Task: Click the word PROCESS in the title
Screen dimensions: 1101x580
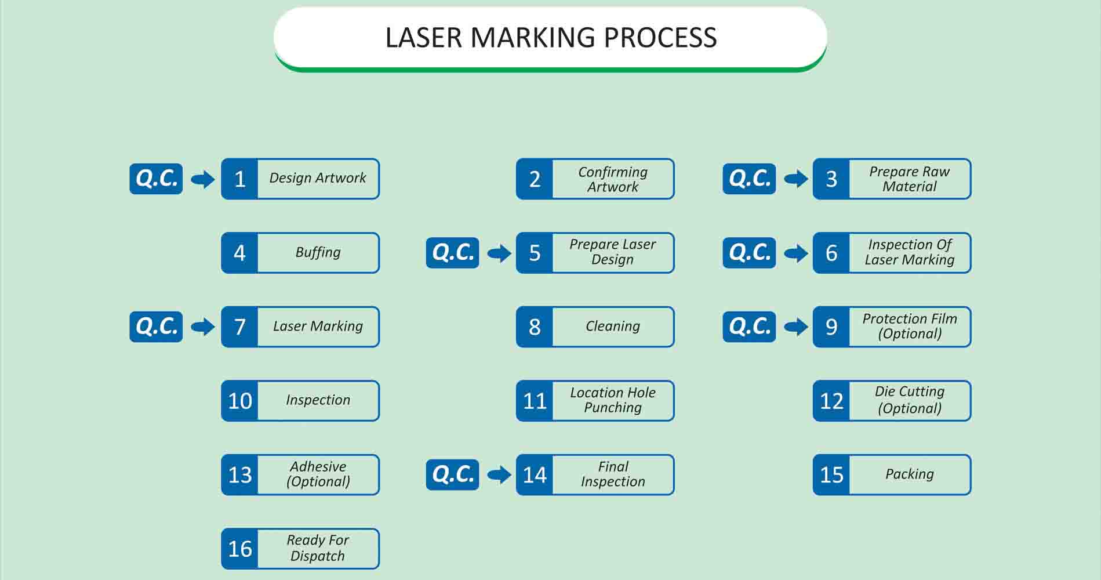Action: click(660, 38)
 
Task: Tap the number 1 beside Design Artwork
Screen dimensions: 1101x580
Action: click(239, 179)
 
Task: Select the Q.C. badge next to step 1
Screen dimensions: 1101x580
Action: click(156, 179)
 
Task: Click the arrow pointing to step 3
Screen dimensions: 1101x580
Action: click(795, 179)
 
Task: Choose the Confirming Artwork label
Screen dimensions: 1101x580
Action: click(613, 179)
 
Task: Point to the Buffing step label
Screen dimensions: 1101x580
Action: click(318, 252)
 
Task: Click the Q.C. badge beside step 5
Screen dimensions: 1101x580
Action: click(452, 253)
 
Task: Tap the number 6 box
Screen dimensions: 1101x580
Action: click(831, 253)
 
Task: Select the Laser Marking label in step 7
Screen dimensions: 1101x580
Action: click(318, 326)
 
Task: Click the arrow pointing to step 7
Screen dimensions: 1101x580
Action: click(202, 327)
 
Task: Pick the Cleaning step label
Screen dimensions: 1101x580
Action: click(613, 326)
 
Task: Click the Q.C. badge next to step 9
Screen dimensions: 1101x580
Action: click(749, 327)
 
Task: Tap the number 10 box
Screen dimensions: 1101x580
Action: click(239, 401)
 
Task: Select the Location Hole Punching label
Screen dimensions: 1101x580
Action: click(613, 400)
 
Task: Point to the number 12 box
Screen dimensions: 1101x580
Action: click(831, 401)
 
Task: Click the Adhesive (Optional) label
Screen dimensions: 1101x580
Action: click(318, 474)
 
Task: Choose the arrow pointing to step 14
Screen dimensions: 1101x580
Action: click(499, 475)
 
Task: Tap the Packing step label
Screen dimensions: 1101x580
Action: click(910, 474)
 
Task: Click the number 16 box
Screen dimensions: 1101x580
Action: click(239, 549)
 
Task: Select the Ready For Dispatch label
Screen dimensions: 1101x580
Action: click(318, 548)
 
